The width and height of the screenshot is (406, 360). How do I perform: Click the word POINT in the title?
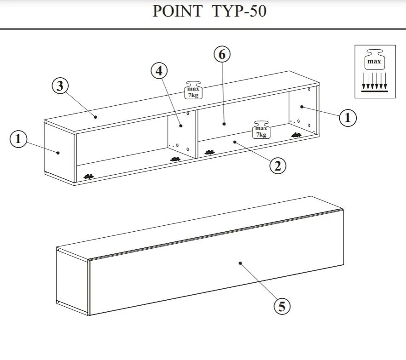177,11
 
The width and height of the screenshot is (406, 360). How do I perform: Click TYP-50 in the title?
239,11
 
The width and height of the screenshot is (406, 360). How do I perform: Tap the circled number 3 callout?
60,86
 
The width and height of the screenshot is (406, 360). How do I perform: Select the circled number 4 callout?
159,71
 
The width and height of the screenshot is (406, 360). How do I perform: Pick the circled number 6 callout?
222,54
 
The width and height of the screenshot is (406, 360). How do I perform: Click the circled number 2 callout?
278,166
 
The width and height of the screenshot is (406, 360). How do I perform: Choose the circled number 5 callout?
282,306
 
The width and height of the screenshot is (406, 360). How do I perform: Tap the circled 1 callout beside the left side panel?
18,139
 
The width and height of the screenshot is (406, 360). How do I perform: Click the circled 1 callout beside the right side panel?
348,118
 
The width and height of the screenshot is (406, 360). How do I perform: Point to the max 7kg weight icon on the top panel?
193,90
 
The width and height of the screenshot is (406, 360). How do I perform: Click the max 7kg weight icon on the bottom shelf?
261,130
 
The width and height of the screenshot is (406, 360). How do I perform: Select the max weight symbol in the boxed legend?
374,59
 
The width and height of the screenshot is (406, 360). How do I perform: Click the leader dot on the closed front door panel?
240,263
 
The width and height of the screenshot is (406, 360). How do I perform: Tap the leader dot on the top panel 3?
96,117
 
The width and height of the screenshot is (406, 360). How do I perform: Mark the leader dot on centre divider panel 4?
181,126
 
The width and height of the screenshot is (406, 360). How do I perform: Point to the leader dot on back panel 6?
224,124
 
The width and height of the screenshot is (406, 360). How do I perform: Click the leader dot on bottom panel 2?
235,142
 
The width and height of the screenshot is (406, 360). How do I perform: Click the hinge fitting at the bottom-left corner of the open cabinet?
88,177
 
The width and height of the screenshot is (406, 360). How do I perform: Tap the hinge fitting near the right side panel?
296,135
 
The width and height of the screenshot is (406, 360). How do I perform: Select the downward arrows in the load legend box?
374,81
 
